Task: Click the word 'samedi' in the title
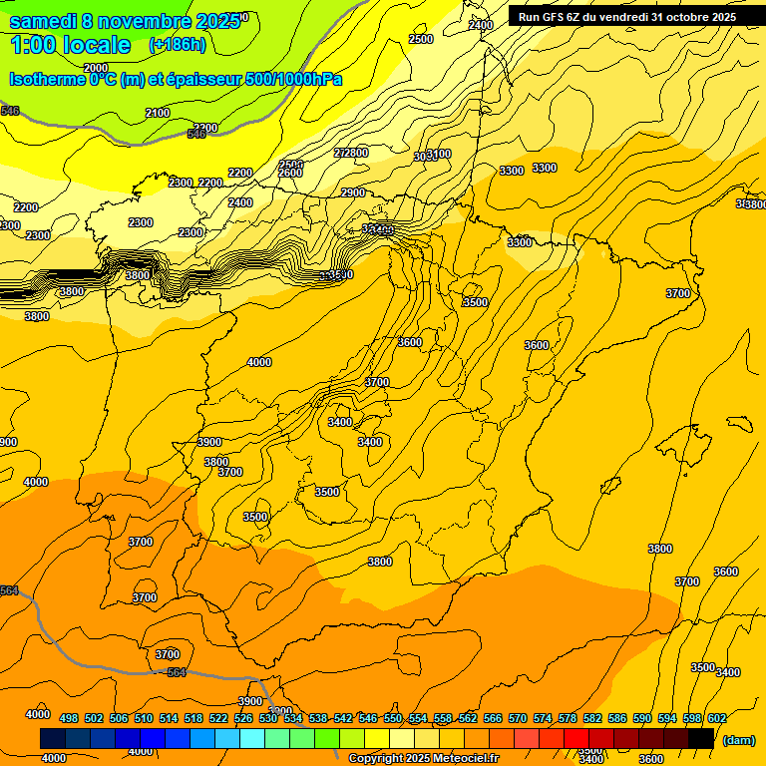(47, 21)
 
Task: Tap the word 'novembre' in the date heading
(147, 21)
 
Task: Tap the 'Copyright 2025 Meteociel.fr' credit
(423, 759)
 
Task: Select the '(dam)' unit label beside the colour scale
(738, 740)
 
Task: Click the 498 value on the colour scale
(69, 718)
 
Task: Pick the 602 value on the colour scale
(717, 718)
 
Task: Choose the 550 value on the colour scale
(393, 718)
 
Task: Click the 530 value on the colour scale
(268, 718)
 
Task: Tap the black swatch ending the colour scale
(701, 738)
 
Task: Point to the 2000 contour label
(96, 68)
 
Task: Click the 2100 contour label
(158, 113)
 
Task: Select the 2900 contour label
(353, 192)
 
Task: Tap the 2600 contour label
(290, 173)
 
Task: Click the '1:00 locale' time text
(71, 45)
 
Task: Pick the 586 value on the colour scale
(617, 718)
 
